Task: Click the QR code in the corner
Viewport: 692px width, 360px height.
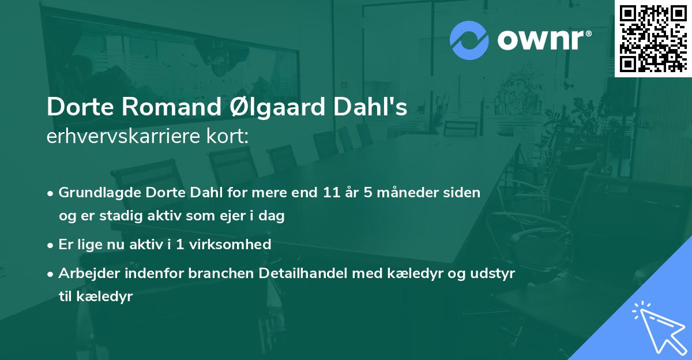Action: click(x=653, y=38)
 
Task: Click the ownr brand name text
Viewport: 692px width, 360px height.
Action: click(x=544, y=39)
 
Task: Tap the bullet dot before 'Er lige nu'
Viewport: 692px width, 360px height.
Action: click(x=51, y=245)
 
